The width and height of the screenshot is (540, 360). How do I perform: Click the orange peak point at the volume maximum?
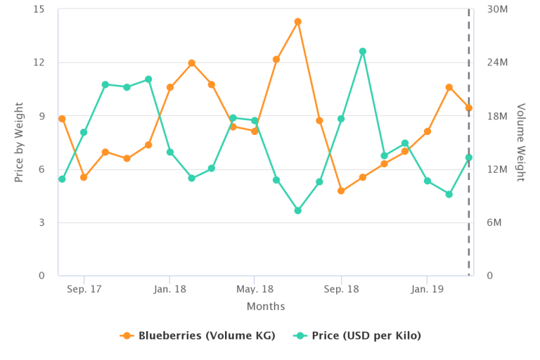point(297,22)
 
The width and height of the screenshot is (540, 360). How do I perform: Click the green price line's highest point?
point(362,51)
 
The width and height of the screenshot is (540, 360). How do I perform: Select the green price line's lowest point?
point(297,210)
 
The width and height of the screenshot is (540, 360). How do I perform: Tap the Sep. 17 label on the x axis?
point(84,289)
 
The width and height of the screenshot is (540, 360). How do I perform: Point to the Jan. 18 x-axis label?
point(169,289)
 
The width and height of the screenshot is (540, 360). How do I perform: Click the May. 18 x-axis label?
point(255,289)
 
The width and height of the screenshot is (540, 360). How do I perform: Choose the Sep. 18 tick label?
point(341,289)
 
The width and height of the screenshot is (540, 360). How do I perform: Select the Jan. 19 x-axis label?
point(427,289)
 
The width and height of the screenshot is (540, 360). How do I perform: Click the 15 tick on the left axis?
point(39,9)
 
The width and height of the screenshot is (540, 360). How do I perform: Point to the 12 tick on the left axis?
point(39,62)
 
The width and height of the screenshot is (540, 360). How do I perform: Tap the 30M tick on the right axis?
point(497,9)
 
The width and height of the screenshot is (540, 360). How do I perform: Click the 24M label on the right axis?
point(497,62)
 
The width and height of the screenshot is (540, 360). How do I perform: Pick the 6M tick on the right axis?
point(494,222)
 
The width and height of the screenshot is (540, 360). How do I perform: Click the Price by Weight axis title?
point(19,142)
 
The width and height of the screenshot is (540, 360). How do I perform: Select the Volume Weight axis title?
point(521,142)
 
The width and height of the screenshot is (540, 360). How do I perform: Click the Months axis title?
point(266,307)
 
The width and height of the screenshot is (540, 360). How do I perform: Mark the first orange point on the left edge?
point(62,119)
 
